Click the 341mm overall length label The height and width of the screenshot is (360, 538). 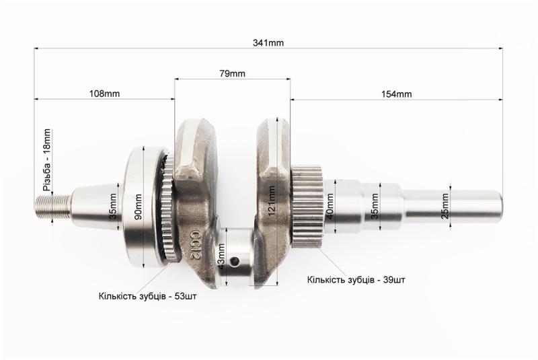268,43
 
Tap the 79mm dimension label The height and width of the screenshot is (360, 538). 232,73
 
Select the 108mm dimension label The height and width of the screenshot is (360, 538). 105,94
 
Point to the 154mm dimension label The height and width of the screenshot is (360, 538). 396,94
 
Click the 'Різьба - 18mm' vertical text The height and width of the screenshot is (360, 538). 46,160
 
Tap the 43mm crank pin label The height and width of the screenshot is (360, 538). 221,256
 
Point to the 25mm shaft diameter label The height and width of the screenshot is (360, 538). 445,207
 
